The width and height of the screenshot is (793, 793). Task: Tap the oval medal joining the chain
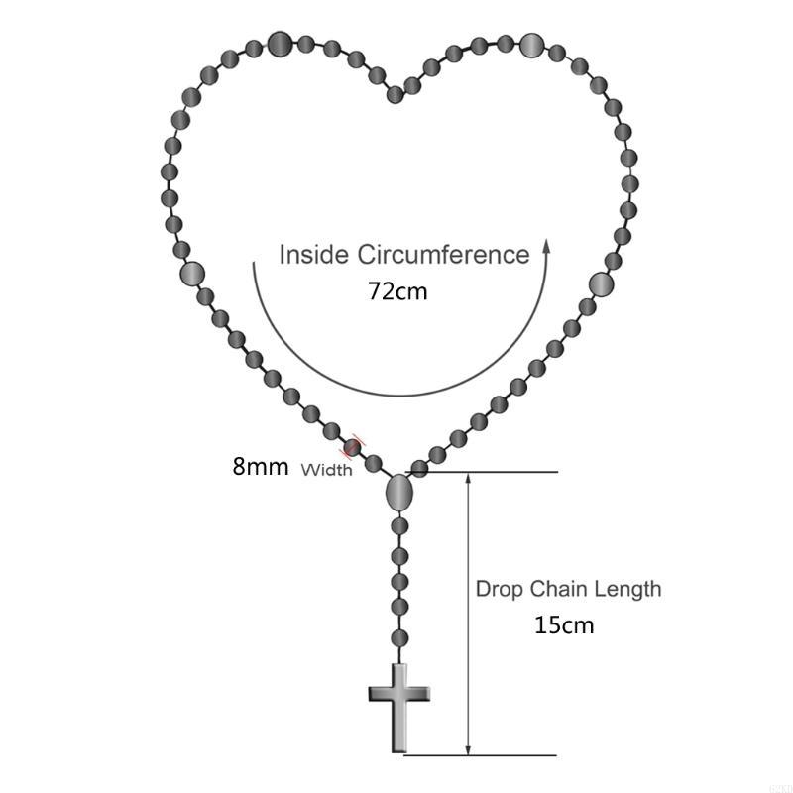pyautogui.click(x=399, y=492)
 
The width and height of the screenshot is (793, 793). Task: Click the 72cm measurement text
pyautogui.click(x=397, y=291)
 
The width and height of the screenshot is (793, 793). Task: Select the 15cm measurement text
pyautogui.click(x=564, y=625)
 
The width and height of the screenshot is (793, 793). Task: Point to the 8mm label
pyautogui.click(x=261, y=466)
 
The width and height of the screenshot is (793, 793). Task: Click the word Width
pyautogui.click(x=327, y=470)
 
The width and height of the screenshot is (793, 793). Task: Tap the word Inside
pyautogui.click(x=314, y=254)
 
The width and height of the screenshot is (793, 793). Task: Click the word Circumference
pyautogui.click(x=444, y=254)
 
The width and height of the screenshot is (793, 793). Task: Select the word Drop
pyautogui.click(x=500, y=590)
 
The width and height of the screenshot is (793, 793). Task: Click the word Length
pyautogui.click(x=627, y=590)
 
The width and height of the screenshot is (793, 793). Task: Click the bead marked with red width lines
pyautogui.click(x=352, y=448)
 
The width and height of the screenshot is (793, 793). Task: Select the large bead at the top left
pyautogui.click(x=280, y=44)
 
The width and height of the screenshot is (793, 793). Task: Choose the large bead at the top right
pyautogui.click(x=531, y=45)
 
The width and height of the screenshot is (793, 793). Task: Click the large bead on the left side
pyautogui.click(x=192, y=274)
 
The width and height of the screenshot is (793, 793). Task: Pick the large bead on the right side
pyautogui.click(x=601, y=284)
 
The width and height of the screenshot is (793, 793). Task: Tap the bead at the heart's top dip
pyautogui.click(x=396, y=94)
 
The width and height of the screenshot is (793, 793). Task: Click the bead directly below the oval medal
pyautogui.click(x=399, y=526)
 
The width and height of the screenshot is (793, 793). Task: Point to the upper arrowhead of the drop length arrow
pyautogui.click(x=468, y=479)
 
